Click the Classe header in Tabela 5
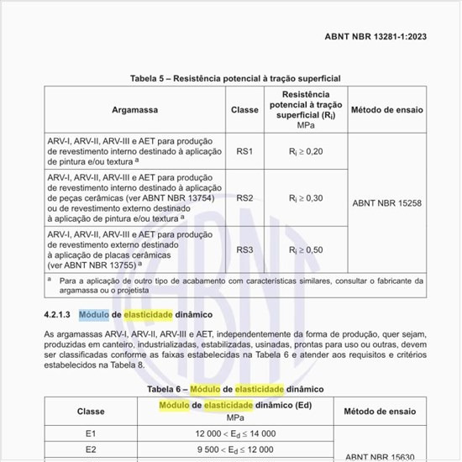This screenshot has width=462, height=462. coord(244,110)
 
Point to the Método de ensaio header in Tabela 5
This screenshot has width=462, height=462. coord(386,110)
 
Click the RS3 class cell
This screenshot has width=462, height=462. coord(244,249)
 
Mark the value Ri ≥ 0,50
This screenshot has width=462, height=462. coord(305,249)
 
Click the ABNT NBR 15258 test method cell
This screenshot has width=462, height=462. coord(386,202)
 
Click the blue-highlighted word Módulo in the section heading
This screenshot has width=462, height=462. coord(93,314)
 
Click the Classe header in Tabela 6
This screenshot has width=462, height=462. coord(91,412)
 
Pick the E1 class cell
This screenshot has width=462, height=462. coord(91,433)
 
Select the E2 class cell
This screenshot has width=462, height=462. coord(91,449)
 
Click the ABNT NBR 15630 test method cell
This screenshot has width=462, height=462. coord(387,455)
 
